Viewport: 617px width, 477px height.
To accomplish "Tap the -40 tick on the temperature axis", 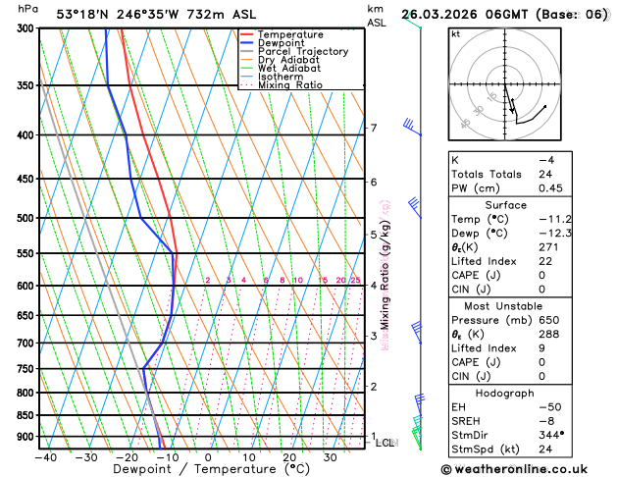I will point(44,456).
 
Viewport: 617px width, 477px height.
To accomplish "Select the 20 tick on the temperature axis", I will point(289,456).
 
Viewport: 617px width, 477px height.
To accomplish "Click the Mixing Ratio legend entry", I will point(290,85).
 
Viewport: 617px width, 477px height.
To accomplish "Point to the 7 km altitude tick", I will point(373,129).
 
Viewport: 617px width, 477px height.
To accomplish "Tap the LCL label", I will point(386,443).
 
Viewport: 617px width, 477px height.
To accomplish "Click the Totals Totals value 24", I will point(545,174).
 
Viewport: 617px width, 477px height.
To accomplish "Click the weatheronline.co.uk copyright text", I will point(527,468).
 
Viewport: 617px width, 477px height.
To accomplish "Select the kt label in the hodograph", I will point(455,34).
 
